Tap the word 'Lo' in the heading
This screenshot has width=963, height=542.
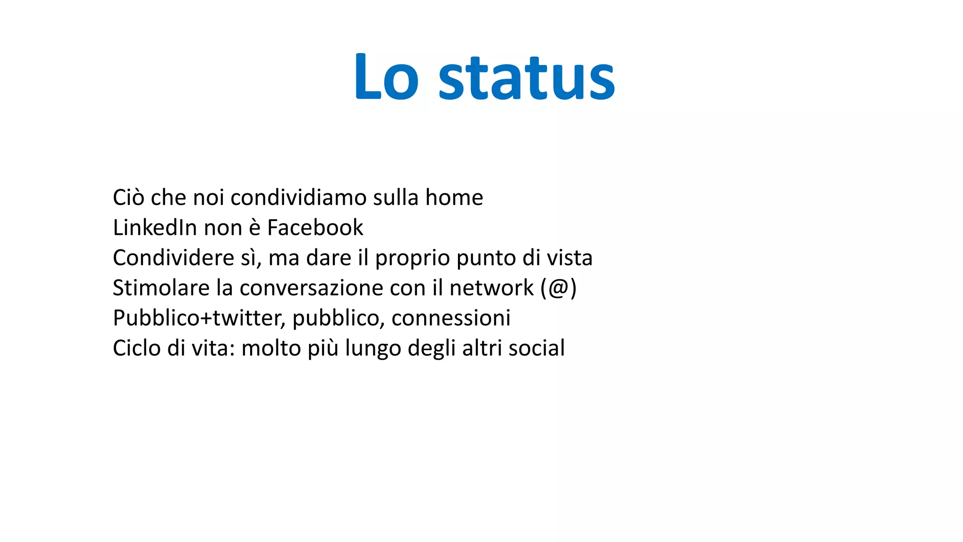tap(386, 78)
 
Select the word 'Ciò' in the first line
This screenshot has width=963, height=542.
tap(128, 197)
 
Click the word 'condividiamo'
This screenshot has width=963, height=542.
tap(298, 197)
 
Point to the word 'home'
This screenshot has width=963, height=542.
tap(454, 197)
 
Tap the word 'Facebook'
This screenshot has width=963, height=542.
tap(315, 228)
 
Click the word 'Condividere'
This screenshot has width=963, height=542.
tap(174, 258)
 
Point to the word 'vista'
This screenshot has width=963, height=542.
tap(569, 258)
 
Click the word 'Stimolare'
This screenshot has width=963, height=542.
tap(161, 288)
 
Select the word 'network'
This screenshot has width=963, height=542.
tap(491, 288)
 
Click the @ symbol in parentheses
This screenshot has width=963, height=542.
tap(559, 288)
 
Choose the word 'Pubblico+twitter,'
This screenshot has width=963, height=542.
tap(199, 318)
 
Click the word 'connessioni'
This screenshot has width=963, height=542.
tap(450, 318)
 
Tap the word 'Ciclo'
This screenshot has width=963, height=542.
tap(136, 348)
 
